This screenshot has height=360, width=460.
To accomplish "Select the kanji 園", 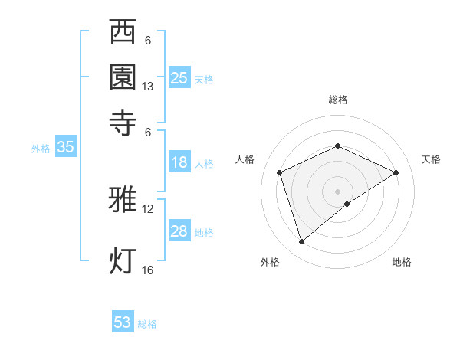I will [123, 78].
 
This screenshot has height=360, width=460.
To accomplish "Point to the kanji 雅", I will [123, 200].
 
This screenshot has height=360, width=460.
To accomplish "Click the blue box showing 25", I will [179, 78].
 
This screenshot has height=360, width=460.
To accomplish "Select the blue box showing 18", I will [179, 162].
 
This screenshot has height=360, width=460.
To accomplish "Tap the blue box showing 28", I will [179, 232].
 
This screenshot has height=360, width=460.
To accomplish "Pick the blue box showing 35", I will [65, 148].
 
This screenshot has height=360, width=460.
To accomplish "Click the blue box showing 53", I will [123, 322].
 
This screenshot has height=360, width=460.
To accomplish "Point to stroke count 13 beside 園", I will [148, 87].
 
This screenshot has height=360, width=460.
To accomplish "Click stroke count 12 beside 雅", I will [148, 209].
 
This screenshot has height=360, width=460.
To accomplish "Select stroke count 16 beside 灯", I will [148, 270].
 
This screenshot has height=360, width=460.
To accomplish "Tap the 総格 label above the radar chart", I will [338, 100].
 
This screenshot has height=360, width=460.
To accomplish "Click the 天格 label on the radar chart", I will [431, 159].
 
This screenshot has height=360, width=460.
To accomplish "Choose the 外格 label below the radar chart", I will [270, 262].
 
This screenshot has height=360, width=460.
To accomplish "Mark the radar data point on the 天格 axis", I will [396, 172].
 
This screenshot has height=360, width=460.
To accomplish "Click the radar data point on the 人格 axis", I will [280, 172].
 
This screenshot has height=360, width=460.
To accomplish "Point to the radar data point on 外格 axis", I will [302, 242].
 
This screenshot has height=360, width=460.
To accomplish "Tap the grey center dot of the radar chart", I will [338, 191].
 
